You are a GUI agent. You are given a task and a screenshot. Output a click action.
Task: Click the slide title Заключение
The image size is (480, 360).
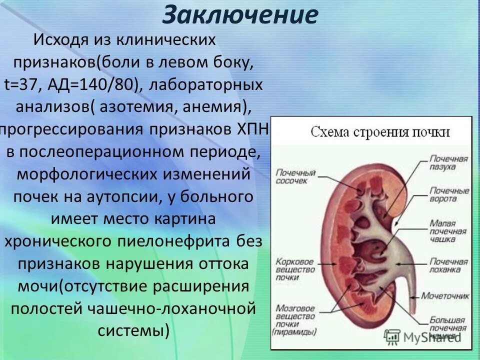(x=240, y=15)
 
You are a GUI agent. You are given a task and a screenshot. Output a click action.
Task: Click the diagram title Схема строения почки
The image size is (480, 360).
(x=380, y=132)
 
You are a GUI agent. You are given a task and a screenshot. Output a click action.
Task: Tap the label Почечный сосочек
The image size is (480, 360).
(x=295, y=176)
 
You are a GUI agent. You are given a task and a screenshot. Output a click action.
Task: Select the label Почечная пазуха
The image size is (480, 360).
(x=448, y=163)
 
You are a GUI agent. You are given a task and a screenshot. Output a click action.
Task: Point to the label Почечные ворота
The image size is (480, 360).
(x=448, y=194)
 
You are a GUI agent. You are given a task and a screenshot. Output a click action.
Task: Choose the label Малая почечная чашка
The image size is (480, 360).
(x=448, y=230)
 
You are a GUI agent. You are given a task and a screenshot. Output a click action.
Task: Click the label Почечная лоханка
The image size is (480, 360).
(x=448, y=265)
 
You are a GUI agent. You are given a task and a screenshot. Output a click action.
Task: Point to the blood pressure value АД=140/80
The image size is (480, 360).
(x=95, y=84)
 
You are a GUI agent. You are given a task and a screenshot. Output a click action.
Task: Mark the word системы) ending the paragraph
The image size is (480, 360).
(x=133, y=330)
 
